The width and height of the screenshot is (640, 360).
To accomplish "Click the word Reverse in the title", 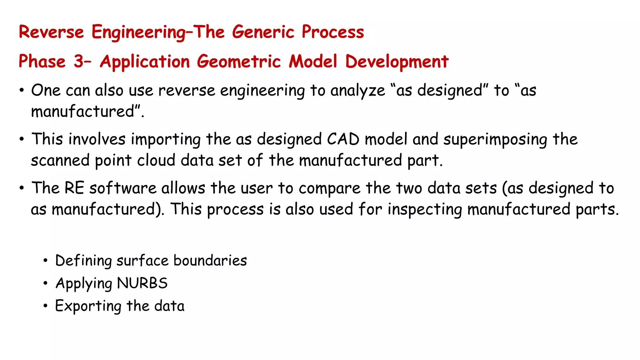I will pyautogui.click(x=51, y=32).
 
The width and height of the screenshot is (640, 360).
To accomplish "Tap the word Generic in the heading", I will pyautogui.click(x=263, y=32).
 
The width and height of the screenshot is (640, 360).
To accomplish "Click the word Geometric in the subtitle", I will pyautogui.click(x=239, y=61).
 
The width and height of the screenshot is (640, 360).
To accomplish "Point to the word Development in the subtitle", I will pyautogui.click(x=397, y=61).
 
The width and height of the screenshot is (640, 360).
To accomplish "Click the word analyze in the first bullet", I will pyautogui.click(x=357, y=91).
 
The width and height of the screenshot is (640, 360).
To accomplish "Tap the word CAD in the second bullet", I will pyautogui.click(x=343, y=139).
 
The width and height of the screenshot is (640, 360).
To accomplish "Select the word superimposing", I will pyautogui.click(x=495, y=140).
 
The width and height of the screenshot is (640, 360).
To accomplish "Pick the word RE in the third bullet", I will pyautogui.click(x=74, y=188).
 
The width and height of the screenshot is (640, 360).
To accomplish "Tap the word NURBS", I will pyautogui.click(x=142, y=283).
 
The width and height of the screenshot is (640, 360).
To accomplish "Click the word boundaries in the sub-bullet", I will pyautogui.click(x=210, y=261).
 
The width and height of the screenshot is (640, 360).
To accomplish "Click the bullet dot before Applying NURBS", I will pyautogui.click(x=46, y=283).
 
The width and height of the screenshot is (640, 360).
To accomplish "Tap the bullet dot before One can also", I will pyautogui.click(x=22, y=91).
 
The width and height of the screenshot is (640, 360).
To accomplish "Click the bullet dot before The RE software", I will pyautogui.click(x=22, y=188).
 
